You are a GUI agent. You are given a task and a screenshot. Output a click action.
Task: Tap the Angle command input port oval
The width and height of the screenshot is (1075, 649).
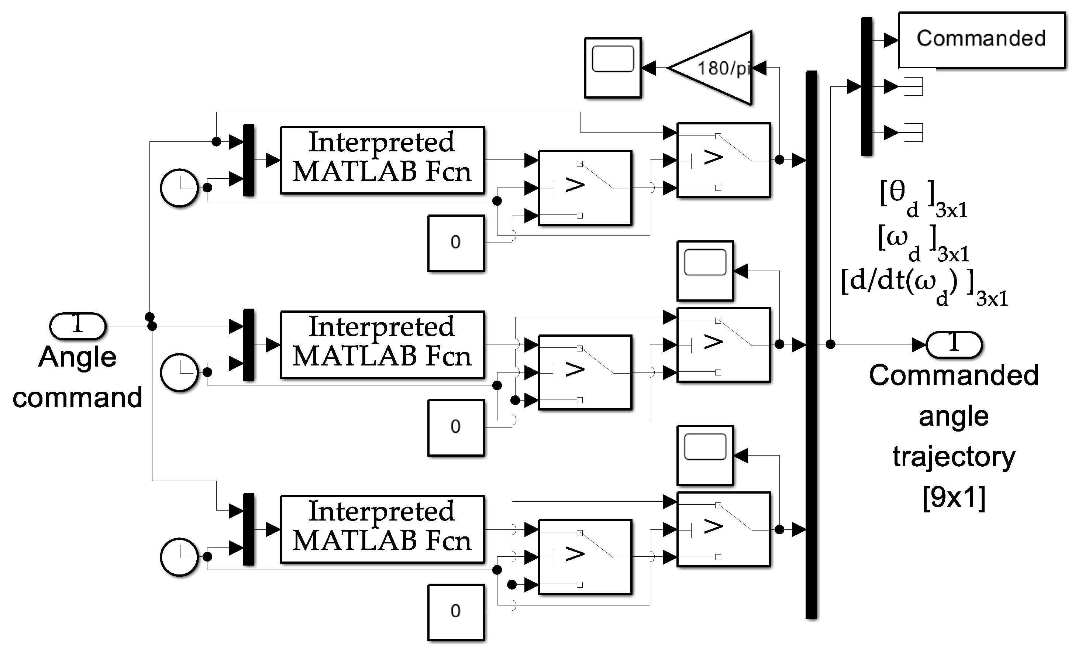[77, 326]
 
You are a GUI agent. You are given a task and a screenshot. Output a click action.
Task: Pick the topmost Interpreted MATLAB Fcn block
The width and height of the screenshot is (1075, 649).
[382, 160]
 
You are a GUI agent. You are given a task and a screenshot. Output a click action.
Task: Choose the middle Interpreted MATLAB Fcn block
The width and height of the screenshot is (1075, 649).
[382, 344]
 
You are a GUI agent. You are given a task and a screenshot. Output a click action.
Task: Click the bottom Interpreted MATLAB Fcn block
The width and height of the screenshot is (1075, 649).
[382, 529]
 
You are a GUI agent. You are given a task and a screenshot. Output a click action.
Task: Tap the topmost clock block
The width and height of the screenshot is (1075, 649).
[179, 188]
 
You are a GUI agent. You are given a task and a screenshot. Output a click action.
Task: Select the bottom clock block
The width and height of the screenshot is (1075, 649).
[179, 557]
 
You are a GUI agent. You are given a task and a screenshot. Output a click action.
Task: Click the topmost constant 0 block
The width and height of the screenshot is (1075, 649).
[455, 243]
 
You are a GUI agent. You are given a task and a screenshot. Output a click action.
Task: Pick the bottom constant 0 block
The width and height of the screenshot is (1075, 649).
[455, 612]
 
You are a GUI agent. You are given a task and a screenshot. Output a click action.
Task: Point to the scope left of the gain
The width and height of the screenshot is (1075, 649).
[613, 68]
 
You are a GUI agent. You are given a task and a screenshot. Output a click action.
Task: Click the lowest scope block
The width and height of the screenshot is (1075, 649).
[704, 455]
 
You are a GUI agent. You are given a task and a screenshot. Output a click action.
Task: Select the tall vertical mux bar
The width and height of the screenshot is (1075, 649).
[811, 344]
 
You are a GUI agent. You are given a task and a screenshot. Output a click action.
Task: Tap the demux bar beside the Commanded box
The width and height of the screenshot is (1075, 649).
[866, 86]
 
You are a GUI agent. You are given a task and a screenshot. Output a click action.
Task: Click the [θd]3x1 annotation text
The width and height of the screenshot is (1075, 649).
[923, 199]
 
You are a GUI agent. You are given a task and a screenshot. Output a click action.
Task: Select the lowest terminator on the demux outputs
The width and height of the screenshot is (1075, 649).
[914, 132]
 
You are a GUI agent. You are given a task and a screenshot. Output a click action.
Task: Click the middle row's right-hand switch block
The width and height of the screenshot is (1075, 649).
[723, 344]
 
